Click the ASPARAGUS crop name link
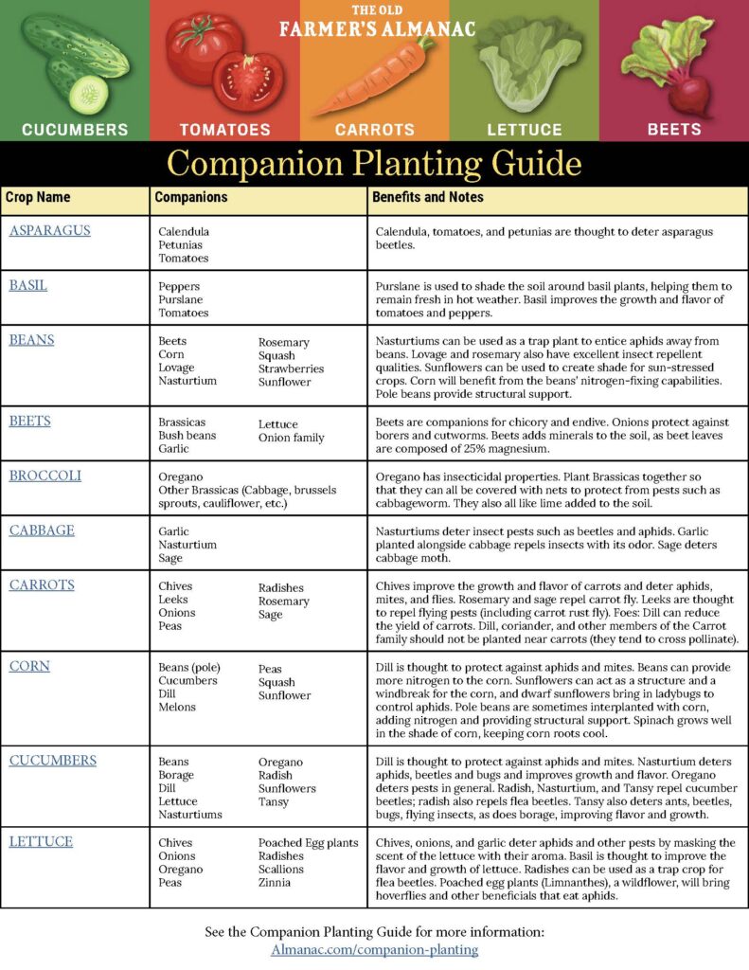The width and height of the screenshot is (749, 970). pyautogui.click(x=49, y=230)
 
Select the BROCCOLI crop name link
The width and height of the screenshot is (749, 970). pyautogui.click(x=45, y=476)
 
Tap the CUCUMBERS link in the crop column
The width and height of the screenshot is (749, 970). pyautogui.click(x=52, y=761)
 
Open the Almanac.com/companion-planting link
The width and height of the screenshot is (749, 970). pyautogui.click(x=374, y=949)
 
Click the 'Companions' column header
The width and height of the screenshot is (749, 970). pyautogui.click(x=190, y=198)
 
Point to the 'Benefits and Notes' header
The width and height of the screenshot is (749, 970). pyautogui.click(x=428, y=198)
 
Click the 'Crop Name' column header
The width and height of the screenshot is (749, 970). pyautogui.click(x=38, y=198)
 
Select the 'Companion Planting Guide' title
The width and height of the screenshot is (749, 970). pyautogui.click(x=374, y=164)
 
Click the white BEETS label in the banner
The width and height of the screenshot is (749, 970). pyautogui.click(x=674, y=129)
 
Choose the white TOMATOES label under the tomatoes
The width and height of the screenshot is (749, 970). pyautogui.click(x=224, y=130)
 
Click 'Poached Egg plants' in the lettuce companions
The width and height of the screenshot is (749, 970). pyautogui.click(x=308, y=843)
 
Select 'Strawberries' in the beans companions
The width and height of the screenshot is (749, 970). pyautogui.click(x=291, y=369)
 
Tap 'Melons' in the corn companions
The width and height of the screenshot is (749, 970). pyautogui.click(x=177, y=707)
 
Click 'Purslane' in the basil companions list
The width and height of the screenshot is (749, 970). pyautogui.click(x=180, y=299)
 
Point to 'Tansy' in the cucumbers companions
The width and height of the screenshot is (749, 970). pyautogui.click(x=274, y=801)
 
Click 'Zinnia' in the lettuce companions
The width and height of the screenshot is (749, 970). pyautogui.click(x=276, y=883)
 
